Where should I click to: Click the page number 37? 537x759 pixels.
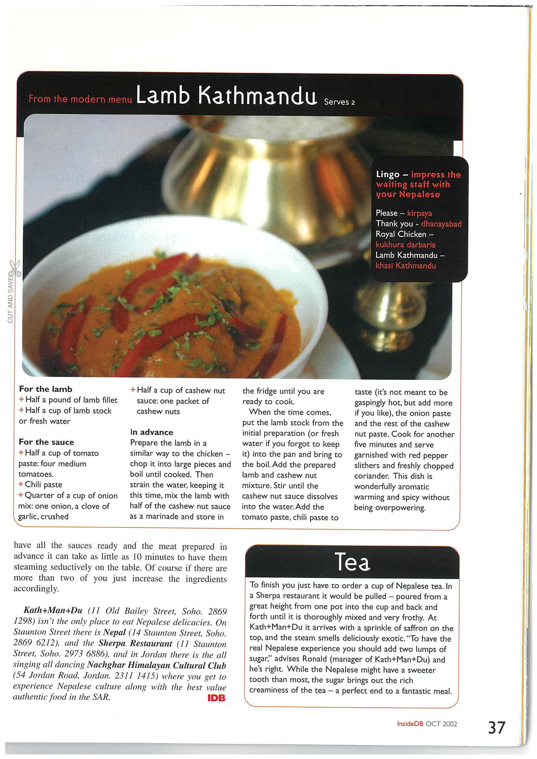point(496,728)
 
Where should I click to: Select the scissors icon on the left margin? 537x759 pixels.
point(15,268)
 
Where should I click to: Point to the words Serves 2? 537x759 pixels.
point(339,102)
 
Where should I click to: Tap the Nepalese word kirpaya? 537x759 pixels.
point(419,213)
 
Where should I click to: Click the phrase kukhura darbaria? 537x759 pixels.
point(405,245)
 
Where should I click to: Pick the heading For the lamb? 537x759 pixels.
point(45,389)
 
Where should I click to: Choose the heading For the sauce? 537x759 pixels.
point(46,442)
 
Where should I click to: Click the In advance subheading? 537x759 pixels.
point(152,432)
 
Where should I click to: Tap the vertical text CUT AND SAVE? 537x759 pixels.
point(10,299)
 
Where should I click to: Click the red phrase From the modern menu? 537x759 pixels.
point(81,99)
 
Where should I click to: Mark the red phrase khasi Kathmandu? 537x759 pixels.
point(406,266)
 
